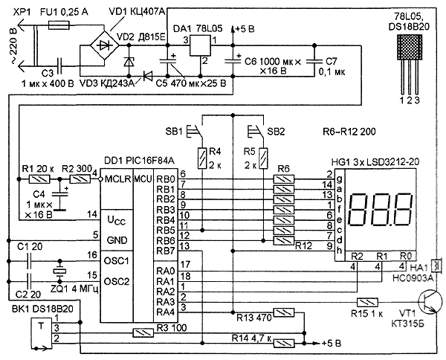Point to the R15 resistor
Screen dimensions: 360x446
(366, 303)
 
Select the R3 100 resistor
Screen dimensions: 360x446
(143, 332)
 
